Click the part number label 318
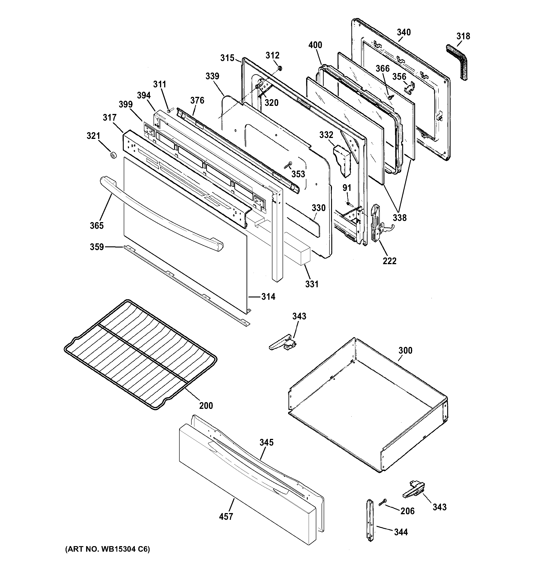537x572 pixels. point(463,36)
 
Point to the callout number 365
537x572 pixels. point(97,225)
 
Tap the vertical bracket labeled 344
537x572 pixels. point(370,525)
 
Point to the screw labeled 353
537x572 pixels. point(288,165)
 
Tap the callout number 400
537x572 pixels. point(315,45)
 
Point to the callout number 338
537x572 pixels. point(400,217)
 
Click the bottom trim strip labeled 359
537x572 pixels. point(187,285)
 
